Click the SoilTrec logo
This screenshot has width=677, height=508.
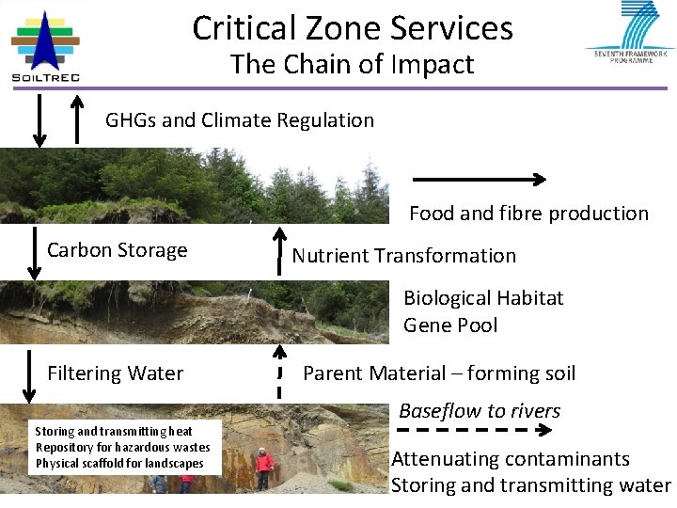45,45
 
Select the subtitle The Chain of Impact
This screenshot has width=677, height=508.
353,64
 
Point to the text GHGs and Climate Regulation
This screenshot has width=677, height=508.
240,120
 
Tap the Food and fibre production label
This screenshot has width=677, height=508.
528,214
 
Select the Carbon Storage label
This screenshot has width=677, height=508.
118,250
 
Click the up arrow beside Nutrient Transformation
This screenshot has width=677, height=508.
278,249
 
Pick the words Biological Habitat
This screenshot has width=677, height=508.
483,298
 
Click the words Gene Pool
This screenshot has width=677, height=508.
450,325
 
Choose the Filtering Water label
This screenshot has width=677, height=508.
116,373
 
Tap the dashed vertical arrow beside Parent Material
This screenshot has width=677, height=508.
278,372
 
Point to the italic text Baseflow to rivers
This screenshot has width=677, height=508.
480,411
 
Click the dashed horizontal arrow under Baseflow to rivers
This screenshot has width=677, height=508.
474,431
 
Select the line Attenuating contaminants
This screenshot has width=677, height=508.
511,459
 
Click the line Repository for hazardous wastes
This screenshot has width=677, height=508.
123,447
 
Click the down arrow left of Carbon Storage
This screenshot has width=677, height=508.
35,252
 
